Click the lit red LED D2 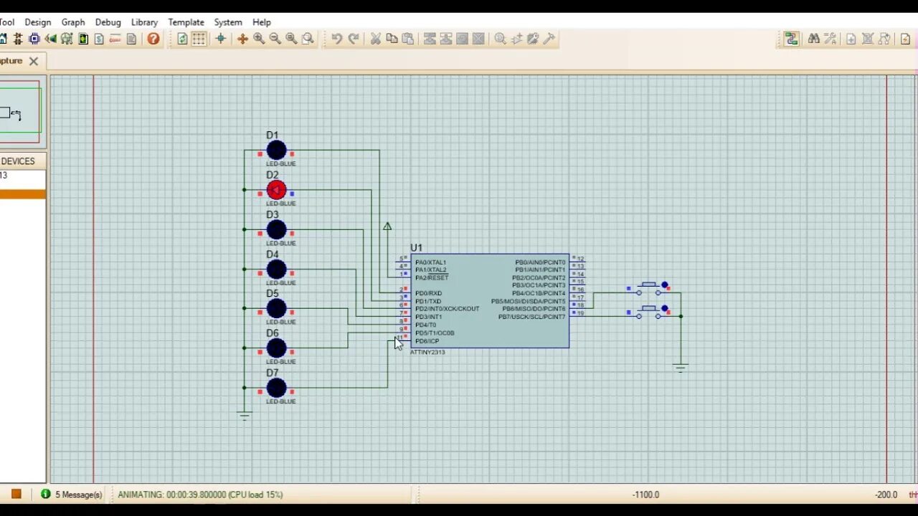point(276,190)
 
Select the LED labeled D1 point(276,150)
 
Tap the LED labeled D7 point(276,388)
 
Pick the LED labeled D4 point(276,269)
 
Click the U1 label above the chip point(417,248)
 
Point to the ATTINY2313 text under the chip point(427,353)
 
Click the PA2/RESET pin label point(432,278)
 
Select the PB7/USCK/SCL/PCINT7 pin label point(531,317)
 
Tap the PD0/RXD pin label point(428,293)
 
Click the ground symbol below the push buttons point(681,368)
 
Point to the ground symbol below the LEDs point(245,415)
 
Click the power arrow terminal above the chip point(387,226)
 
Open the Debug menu point(108,22)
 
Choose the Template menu point(186,22)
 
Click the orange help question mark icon point(153,39)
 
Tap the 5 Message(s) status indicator point(72,494)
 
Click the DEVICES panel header point(18,161)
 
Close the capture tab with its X point(34,61)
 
